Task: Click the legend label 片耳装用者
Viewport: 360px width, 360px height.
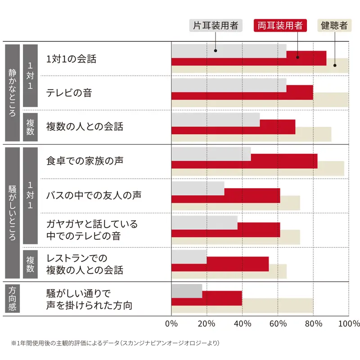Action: (216, 26)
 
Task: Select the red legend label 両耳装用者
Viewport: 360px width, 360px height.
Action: (280, 26)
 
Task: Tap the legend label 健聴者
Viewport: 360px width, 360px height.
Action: (334, 26)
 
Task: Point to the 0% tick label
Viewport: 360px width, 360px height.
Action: (171, 324)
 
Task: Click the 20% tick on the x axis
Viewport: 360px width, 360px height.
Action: (207, 324)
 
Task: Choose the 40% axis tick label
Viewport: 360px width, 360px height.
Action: (242, 324)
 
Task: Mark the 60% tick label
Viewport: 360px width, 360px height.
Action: (278, 324)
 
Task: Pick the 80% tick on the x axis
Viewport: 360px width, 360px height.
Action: (313, 324)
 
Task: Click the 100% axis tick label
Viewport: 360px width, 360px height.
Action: (348, 324)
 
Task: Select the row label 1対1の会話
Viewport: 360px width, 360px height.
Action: (71, 59)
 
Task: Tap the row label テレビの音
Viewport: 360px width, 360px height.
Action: (69, 93)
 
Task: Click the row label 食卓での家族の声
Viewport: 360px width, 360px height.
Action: (85, 161)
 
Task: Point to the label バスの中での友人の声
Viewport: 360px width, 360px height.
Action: (94, 196)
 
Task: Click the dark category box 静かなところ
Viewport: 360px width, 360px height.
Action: (12, 93)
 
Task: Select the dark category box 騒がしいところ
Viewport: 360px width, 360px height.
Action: (12, 213)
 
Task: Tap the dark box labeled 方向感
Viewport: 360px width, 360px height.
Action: (12, 299)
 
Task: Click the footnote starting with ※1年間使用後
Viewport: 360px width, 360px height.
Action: (115, 343)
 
